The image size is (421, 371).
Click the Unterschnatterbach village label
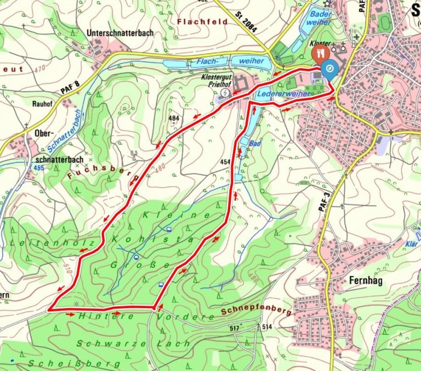pos(120,33)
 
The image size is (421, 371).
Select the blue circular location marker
pos(330,69)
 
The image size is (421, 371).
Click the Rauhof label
pos(41,103)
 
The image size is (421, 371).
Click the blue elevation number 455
pos(38,167)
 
